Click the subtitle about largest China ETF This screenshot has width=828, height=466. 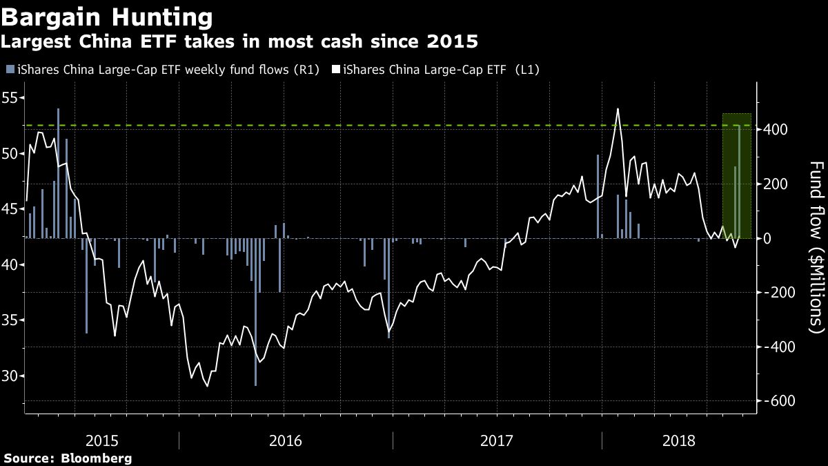click(x=239, y=42)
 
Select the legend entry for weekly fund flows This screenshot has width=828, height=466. click(x=166, y=70)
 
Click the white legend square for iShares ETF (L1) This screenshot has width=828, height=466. click(x=336, y=70)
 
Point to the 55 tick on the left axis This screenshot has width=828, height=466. click(x=12, y=97)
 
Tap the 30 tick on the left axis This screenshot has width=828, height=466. click(x=12, y=376)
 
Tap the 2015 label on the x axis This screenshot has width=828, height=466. click(x=102, y=440)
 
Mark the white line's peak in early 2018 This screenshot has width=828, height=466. click(x=617, y=109)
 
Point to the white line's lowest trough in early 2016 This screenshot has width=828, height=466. click(x=207, y=386)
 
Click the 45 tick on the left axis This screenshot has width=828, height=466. click(x=12, y=209)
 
